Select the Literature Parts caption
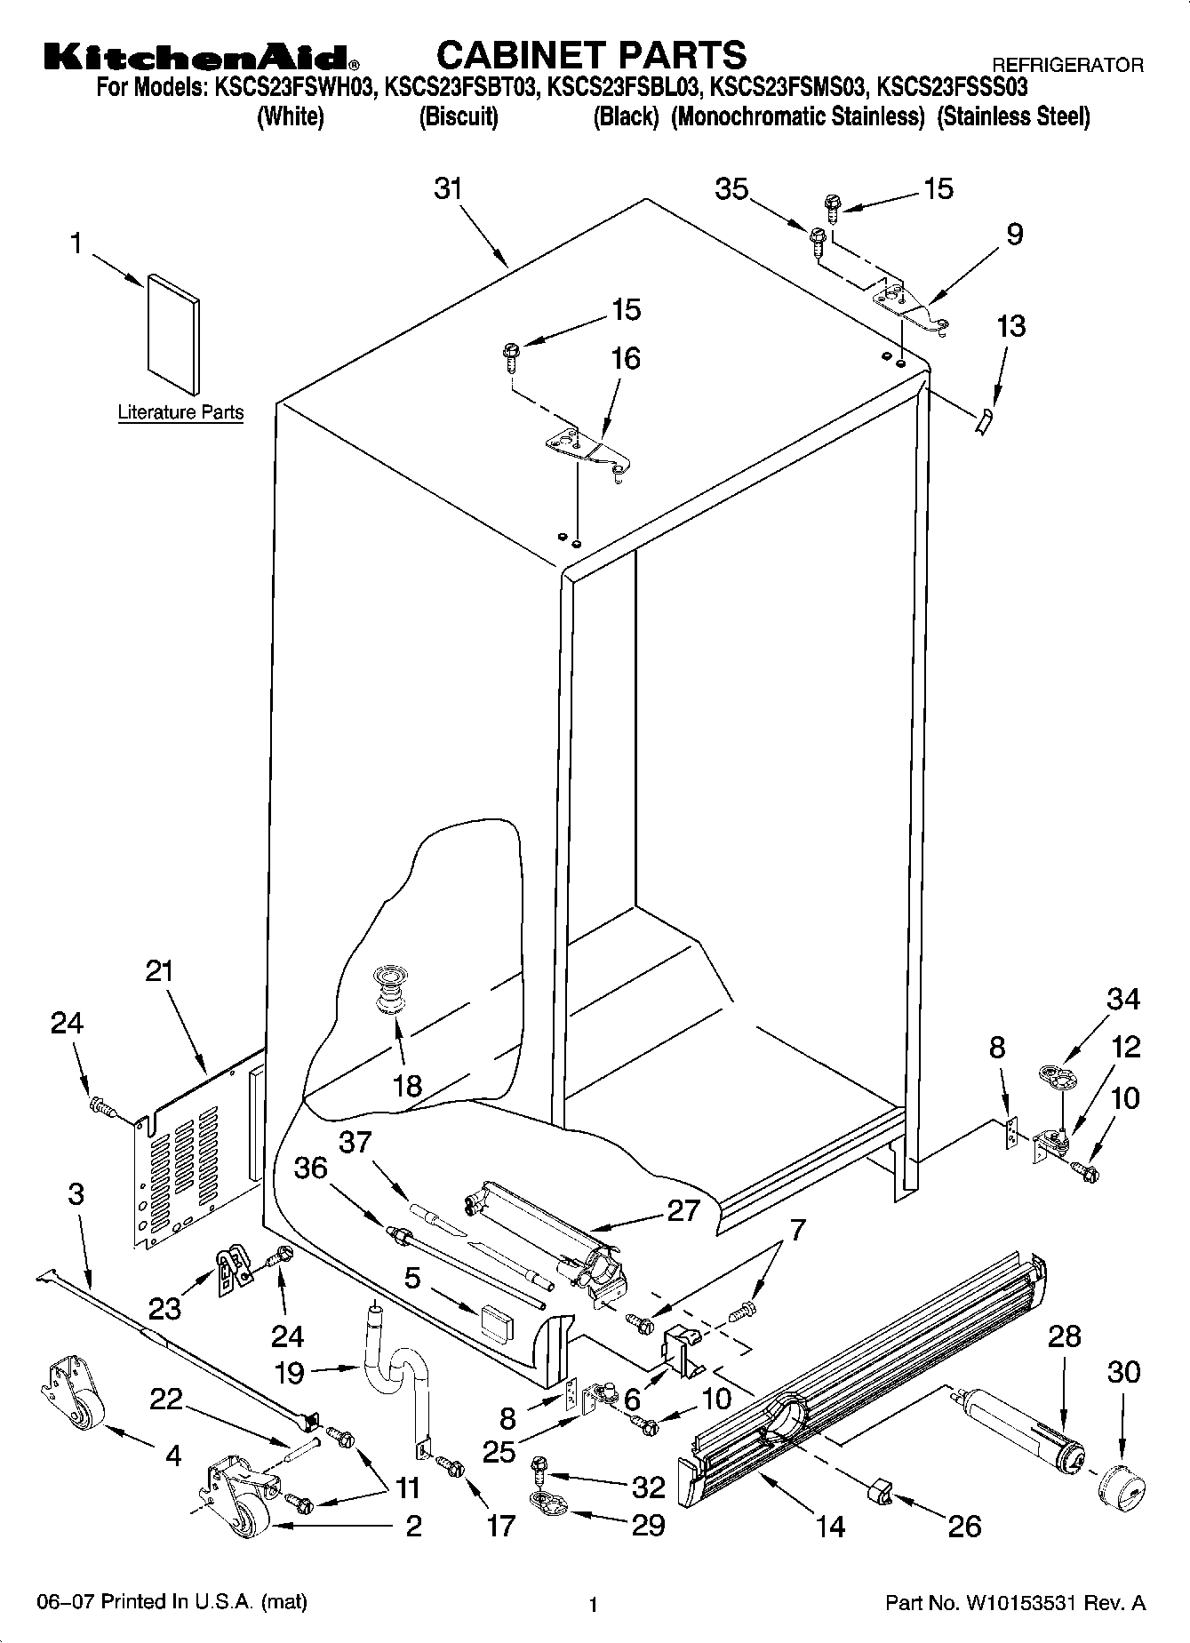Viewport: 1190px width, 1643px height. click(180, 412)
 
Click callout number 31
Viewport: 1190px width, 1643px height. click(450, 189)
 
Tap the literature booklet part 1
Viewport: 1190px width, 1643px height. click(173, 332)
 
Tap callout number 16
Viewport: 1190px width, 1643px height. click(626, 358)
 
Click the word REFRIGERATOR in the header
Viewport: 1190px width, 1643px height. click(1066, 65)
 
